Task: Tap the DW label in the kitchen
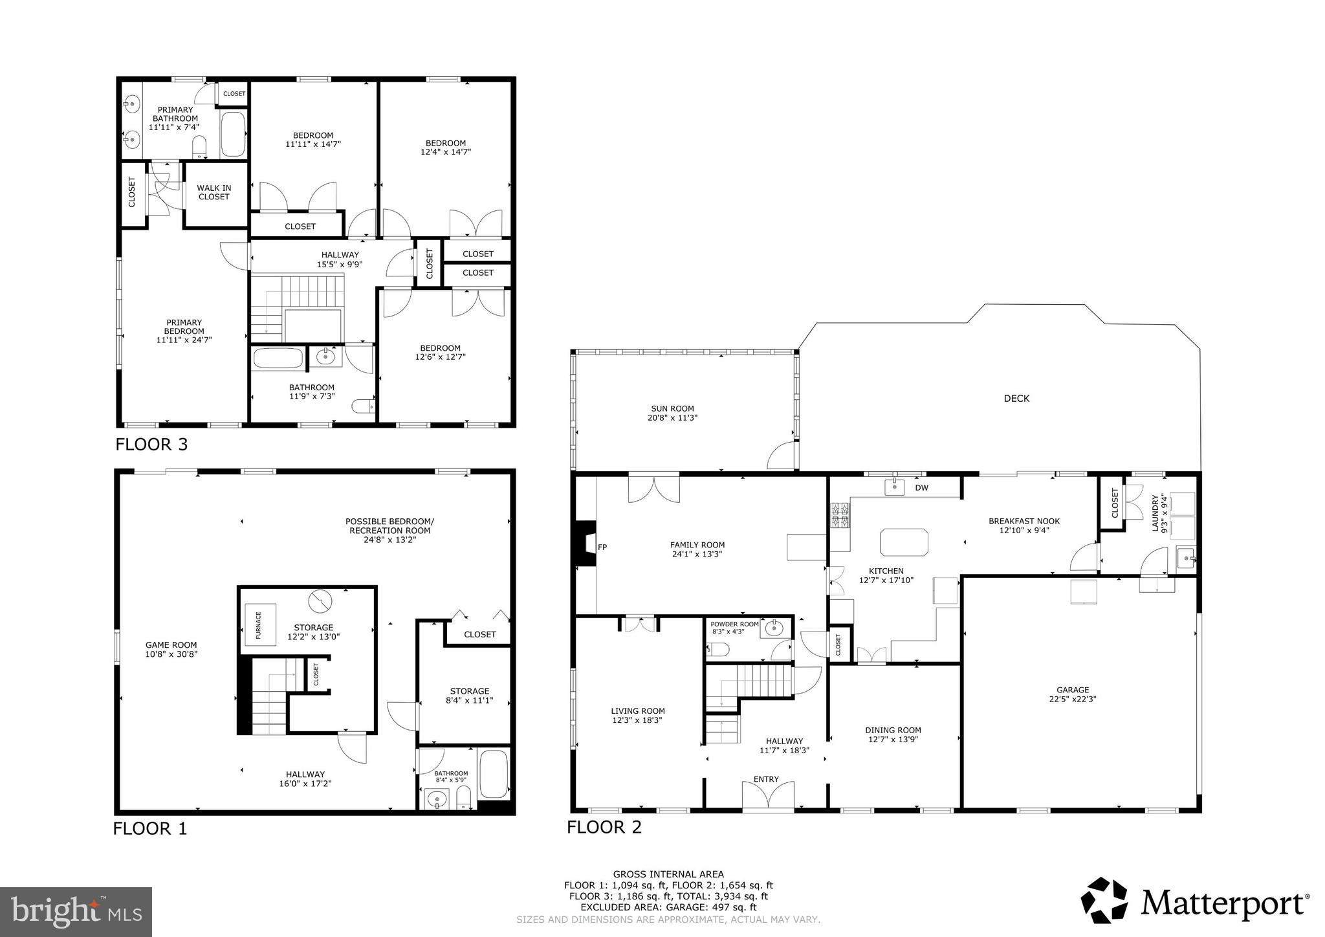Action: (921, 488)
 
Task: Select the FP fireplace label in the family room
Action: (602, 547)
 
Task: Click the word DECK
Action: (1016, 399)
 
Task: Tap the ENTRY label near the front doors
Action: (766, 779)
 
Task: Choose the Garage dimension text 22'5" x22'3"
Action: (1073, 699)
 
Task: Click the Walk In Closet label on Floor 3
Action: (214, 192)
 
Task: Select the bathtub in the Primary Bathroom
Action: (234, 135)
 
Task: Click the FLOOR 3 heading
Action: (151, 445)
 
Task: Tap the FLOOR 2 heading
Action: (604, 827)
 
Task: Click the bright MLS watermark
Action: (76, 912)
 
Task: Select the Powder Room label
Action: (734, 624)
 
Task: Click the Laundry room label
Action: (1159, 513)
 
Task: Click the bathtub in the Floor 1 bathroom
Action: (494, 774)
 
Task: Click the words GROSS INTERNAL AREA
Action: (668, 874)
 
